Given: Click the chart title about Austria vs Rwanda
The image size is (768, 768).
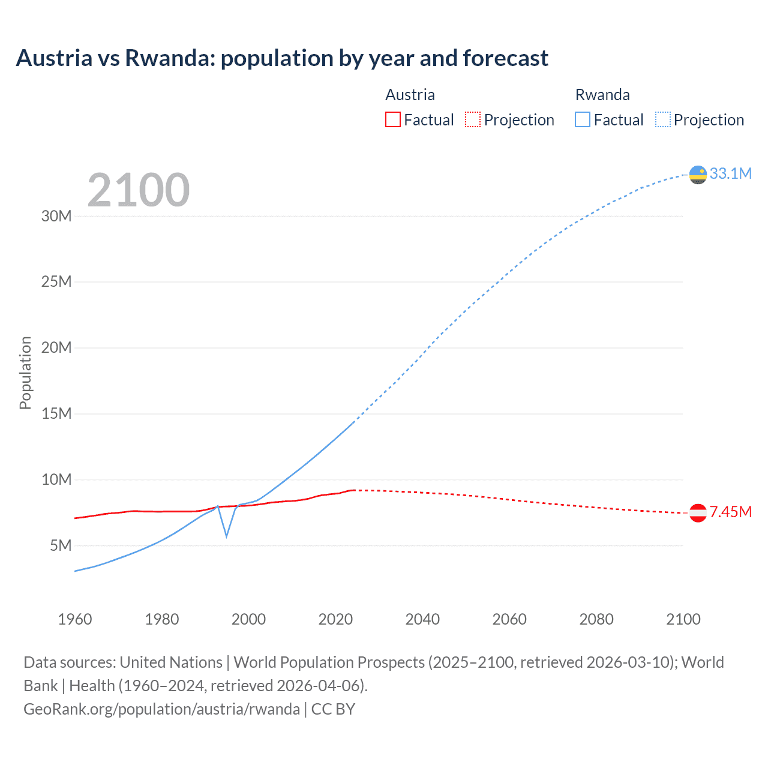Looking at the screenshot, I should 282,58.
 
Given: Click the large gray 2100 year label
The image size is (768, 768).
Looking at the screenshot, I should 139,190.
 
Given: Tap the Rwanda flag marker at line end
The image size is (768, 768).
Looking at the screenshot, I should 698,175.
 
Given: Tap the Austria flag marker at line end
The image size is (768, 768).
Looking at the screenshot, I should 698,513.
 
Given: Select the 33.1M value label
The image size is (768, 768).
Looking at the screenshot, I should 730,174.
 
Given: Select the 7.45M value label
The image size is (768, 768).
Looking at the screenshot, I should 730,512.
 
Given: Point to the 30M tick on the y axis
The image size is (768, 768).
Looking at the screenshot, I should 56,216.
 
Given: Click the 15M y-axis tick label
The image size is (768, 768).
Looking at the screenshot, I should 56,413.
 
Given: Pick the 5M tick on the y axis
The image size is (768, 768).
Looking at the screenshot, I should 61,545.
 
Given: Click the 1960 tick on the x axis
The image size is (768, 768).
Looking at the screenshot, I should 75,619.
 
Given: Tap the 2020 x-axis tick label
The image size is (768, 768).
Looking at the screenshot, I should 335,619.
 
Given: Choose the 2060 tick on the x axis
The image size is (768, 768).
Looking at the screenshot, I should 509,619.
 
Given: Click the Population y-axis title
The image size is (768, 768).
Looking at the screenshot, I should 25,373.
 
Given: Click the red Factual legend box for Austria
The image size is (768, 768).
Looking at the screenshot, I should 392,120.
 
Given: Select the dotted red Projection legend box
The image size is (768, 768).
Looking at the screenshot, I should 473,120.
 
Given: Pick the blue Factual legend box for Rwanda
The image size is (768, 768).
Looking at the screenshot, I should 583,120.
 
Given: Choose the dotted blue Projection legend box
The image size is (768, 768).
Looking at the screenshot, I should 663,120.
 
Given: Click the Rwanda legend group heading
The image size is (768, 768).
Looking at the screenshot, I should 602,95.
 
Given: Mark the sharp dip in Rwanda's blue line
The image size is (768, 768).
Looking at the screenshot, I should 226,535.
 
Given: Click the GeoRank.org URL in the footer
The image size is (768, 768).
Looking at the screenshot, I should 161,709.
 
